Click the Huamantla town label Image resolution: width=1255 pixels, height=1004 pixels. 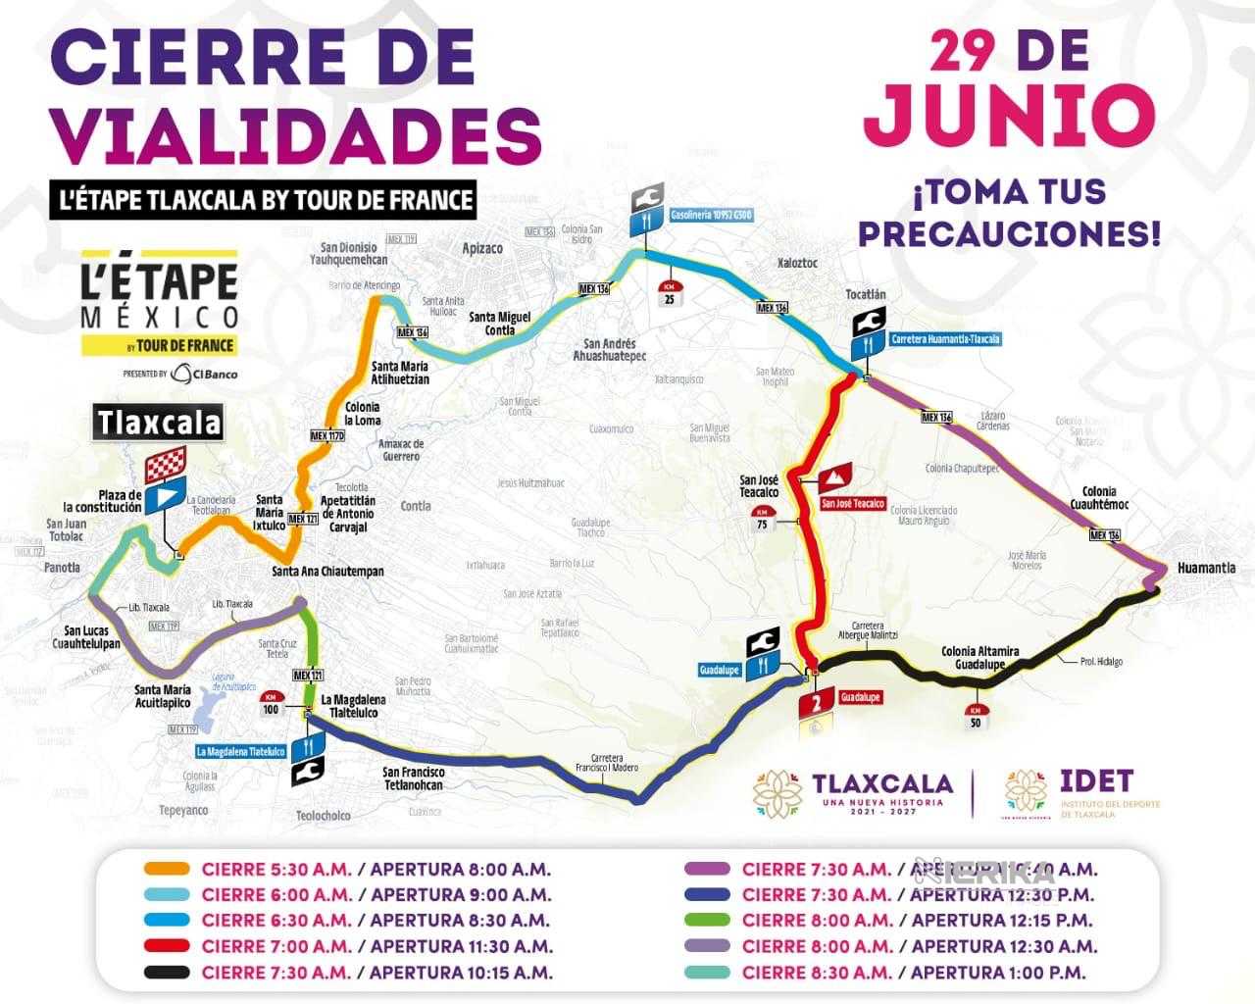[1206, 568]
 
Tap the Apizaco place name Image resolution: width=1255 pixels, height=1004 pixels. [481, 249]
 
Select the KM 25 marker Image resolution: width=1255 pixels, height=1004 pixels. [670, 293]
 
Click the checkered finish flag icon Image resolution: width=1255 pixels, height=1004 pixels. [164, 468]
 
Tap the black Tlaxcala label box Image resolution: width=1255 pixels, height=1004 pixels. [158, 423]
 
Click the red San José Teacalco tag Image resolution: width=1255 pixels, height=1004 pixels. [852, 503]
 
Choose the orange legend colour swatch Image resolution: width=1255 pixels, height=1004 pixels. [166, 869]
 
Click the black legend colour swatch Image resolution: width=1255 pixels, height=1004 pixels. [166, 973]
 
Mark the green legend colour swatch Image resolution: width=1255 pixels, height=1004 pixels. [706, 921]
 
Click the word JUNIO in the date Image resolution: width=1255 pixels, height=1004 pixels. [1009, 115]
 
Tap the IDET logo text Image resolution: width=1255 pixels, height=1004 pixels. [1096, 780]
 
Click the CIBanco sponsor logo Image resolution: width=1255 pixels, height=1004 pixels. [204, 373]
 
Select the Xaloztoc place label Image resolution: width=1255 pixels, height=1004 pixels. [796, 264]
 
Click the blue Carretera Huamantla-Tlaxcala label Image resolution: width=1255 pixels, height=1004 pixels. [945, 339]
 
